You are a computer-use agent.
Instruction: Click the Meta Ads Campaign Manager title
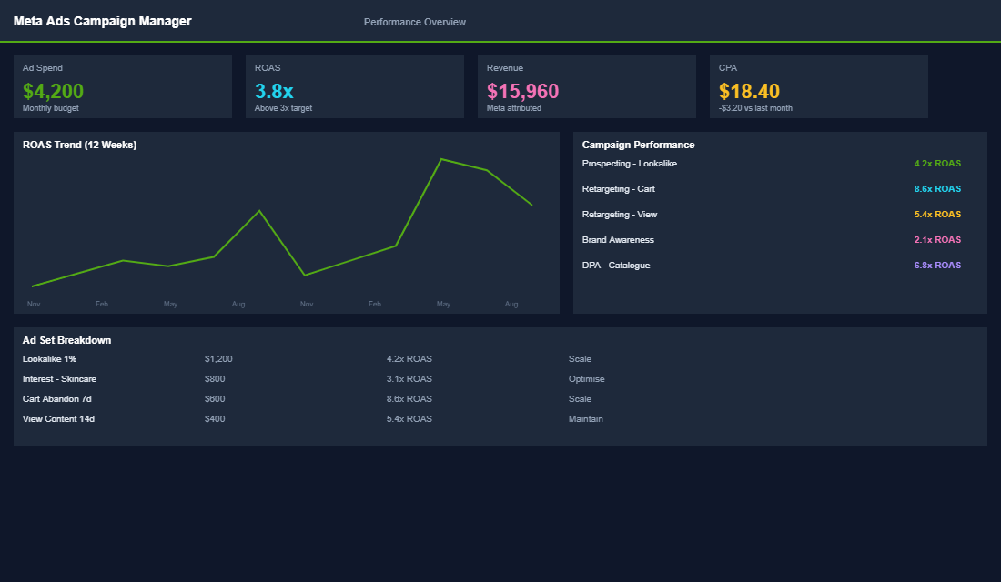[102, 21]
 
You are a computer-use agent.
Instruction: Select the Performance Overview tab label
[414, 22]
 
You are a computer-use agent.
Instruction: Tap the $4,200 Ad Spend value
[53, 91]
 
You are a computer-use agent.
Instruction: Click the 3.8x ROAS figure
[274, 91]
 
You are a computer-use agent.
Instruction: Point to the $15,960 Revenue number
[522, 91]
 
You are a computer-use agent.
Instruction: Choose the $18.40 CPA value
[749, 91]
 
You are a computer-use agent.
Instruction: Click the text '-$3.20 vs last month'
[755, 108]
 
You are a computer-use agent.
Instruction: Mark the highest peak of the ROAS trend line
[441, 159]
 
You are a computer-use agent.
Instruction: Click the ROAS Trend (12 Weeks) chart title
[80, 145]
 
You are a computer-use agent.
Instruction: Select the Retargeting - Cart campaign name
[618, 189]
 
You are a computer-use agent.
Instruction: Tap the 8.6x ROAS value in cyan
[937, 189]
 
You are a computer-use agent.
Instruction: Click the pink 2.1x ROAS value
[937, 240]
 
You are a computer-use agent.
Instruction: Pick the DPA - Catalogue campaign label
[616, 266]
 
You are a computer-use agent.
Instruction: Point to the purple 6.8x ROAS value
[937, 266]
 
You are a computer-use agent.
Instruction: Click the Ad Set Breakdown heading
[66, 340]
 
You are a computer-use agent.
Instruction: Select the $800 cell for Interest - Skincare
[215, 379]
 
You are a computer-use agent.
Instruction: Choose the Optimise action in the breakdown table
[586, 379]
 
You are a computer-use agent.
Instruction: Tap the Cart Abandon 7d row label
[56, 399]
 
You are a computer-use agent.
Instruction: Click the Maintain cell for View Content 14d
[585, 419]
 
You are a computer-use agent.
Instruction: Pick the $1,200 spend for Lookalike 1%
[218, 359]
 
